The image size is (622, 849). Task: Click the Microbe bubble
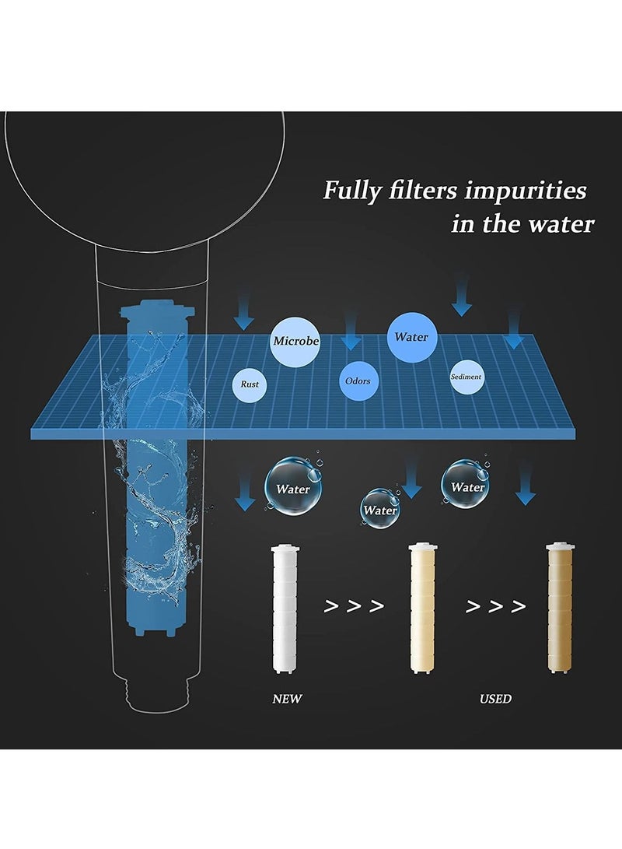click(x=295, y=341)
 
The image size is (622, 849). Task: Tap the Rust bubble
click(x=250, y=384)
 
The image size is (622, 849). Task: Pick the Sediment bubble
click(x=466, y=377)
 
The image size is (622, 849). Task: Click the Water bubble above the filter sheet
click(x=411, y=337)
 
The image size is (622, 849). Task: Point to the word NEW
click(x=287, y=698)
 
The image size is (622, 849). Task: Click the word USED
click(x=495, y=698)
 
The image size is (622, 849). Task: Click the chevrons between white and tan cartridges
click(x=354, y=606)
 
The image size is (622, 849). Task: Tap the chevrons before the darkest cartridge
click(x=496, y=606)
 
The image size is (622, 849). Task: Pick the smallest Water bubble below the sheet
click(x=380, y=509)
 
